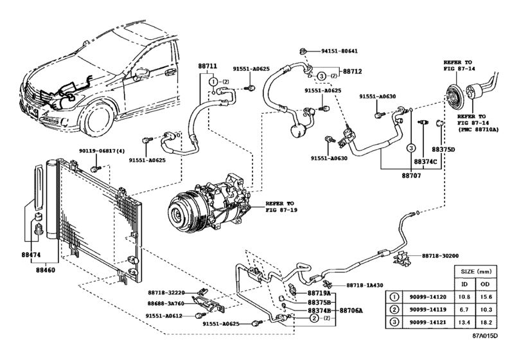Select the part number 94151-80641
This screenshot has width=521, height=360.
coord(339,51)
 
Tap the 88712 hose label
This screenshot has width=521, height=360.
coord(352,71)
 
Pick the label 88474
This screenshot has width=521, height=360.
coord(23,255)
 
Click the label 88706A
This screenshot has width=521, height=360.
coord(351,310)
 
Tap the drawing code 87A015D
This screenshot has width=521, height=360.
coord(495,352)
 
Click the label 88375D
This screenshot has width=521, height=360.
coord(443,149)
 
